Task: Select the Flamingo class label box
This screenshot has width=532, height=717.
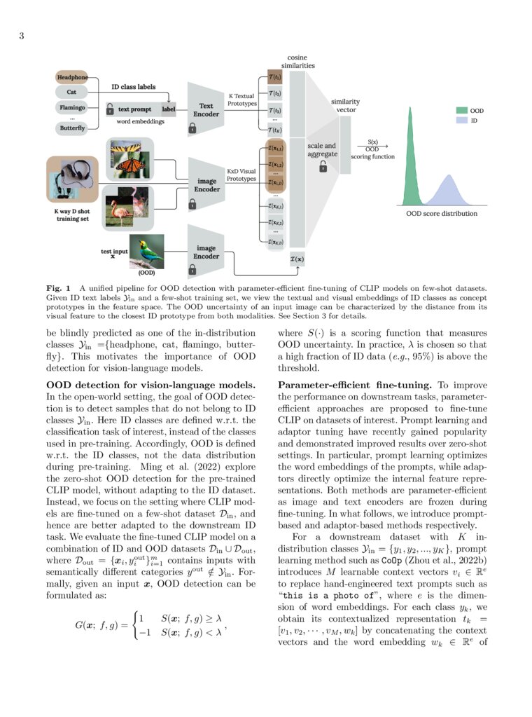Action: [72, 109]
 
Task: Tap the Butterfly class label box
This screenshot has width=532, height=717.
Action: [72, 128]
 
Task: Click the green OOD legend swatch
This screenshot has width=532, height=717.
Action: [462, 111]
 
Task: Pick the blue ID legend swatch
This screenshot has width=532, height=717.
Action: [462, 121]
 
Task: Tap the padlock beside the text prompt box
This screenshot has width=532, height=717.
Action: [110, 110]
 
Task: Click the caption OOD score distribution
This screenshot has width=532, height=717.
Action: [442, 214]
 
